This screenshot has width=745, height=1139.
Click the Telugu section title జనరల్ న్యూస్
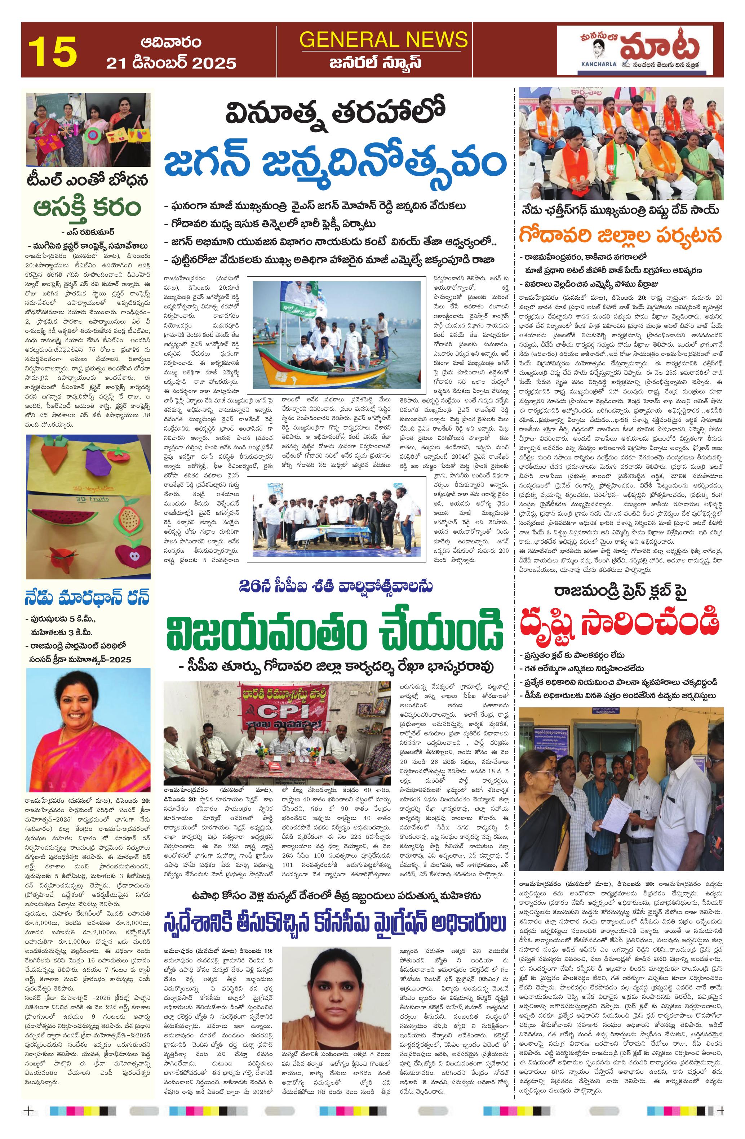tap(383, 63)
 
